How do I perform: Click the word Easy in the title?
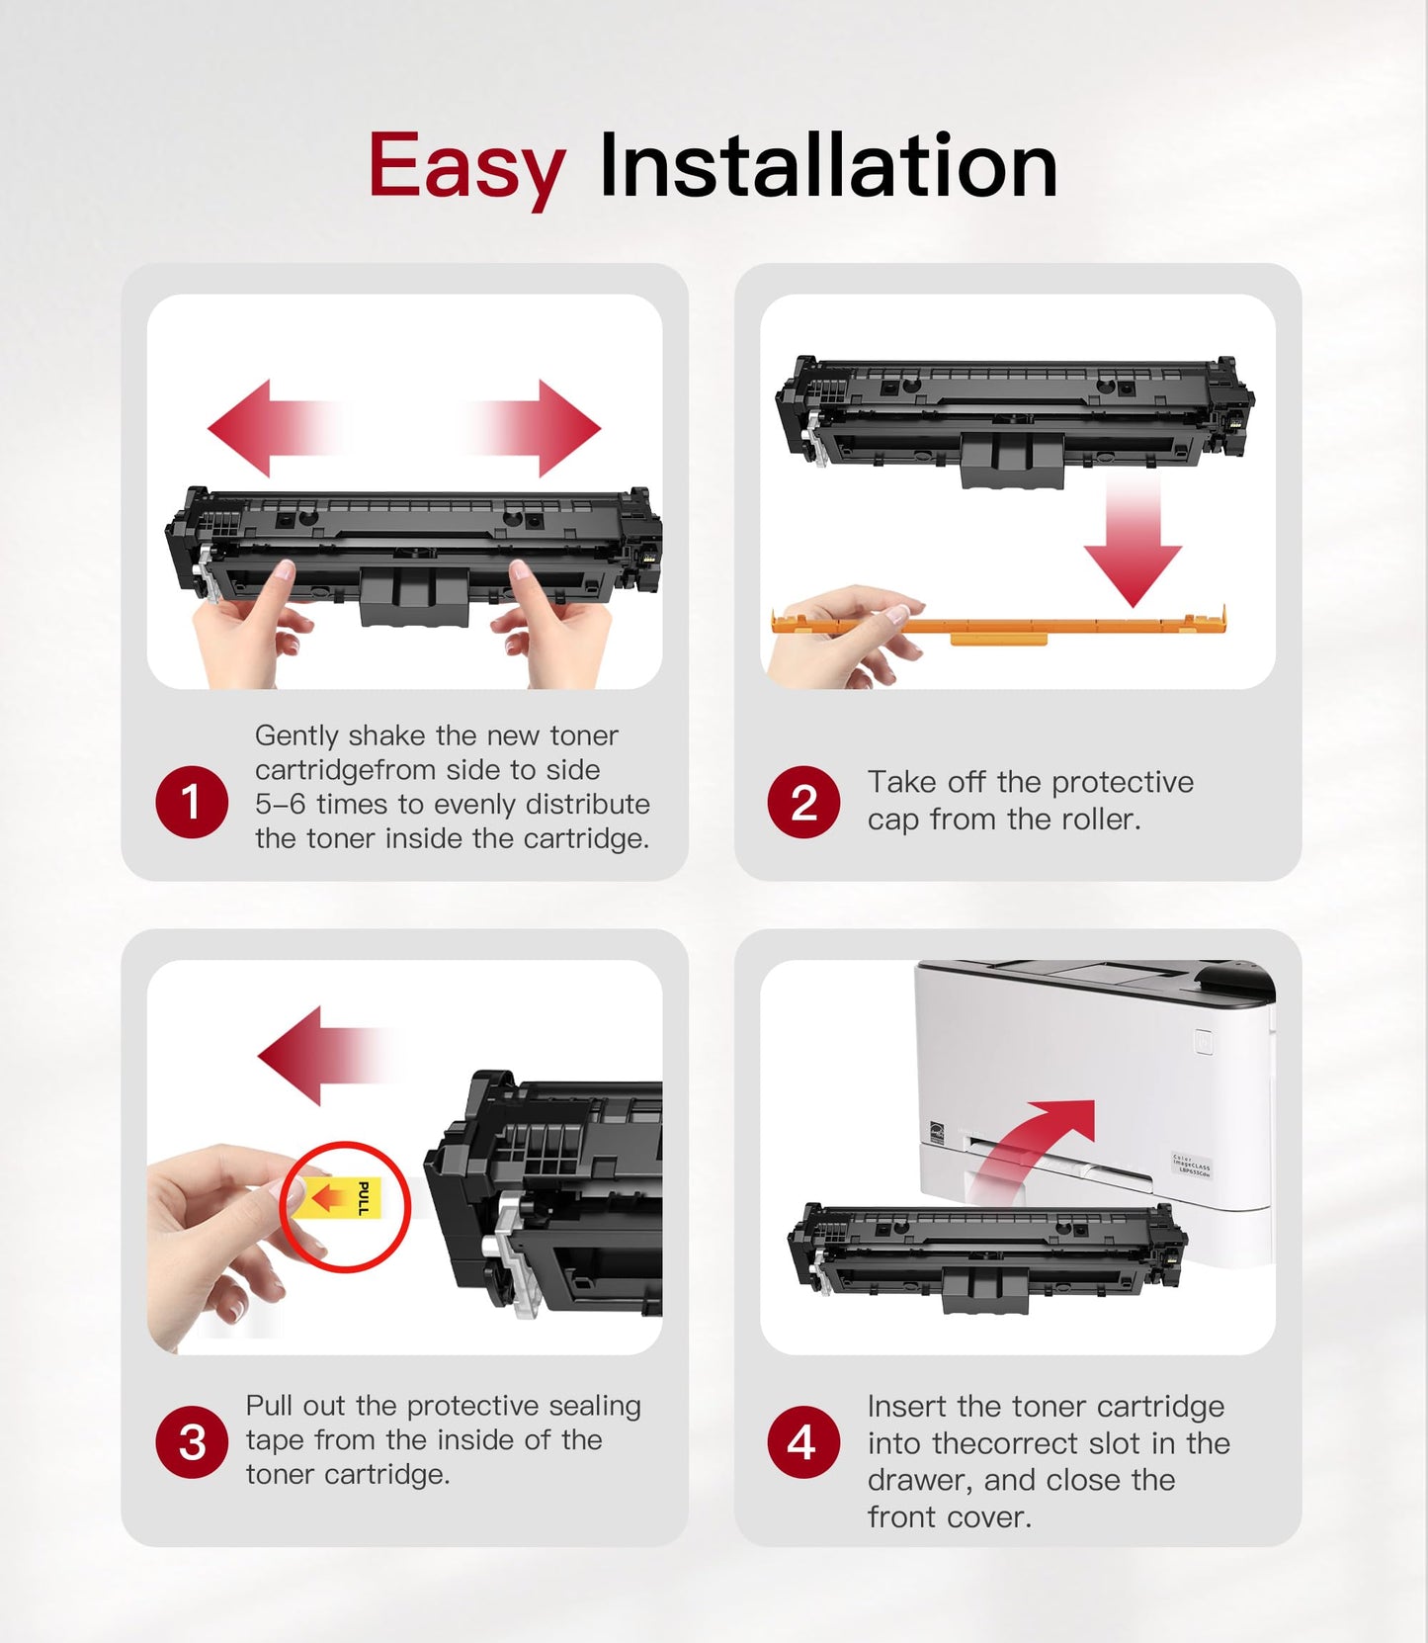465,166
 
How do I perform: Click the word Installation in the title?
828,166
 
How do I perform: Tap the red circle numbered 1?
192,802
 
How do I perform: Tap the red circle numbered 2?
803,802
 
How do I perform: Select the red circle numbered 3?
192,1441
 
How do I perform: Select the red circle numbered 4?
803,1441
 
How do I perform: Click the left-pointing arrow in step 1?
267,428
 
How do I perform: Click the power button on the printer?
1203,1041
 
